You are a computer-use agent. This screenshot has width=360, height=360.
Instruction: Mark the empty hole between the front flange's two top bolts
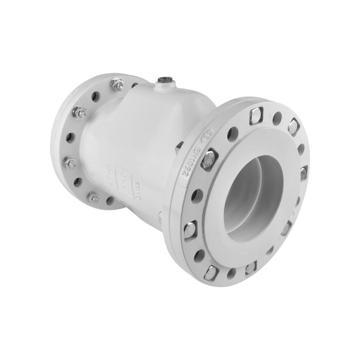[x=275, y=118]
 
